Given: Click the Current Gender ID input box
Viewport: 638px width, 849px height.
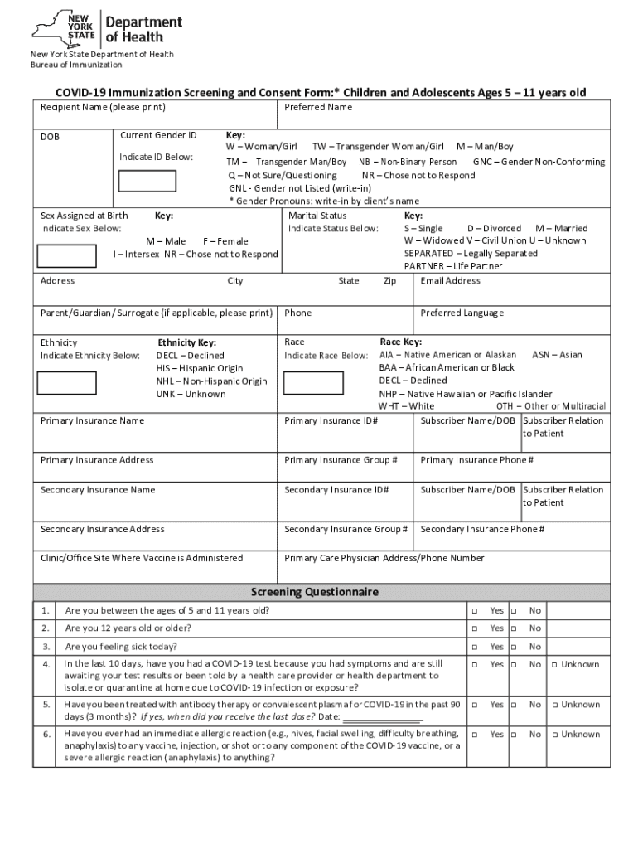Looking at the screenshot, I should pos(147,181).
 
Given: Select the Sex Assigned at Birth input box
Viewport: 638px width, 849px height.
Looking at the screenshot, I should pos(69,253).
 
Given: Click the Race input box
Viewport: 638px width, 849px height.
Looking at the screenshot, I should pos(314,382).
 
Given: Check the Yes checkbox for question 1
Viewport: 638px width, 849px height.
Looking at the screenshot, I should pos(476,611).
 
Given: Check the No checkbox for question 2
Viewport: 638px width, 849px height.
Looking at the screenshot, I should pos(514,628).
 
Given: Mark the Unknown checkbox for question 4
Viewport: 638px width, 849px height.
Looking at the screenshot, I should pos(555,665).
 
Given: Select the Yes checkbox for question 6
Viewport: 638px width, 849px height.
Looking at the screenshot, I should pos(476,735).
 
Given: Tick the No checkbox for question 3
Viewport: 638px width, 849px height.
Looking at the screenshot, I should pos(514,647).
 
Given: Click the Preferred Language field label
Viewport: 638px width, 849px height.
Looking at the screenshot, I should pos(462,313).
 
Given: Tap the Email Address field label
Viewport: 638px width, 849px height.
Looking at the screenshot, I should pos(450,281).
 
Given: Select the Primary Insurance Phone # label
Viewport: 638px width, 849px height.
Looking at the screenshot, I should pos(476,460).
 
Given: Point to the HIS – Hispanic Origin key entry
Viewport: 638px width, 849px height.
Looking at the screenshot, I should pos(200,368).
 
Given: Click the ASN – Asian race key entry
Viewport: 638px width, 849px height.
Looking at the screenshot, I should pos(556,355).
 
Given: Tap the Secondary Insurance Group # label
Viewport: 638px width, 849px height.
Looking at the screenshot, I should pos(346,529).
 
